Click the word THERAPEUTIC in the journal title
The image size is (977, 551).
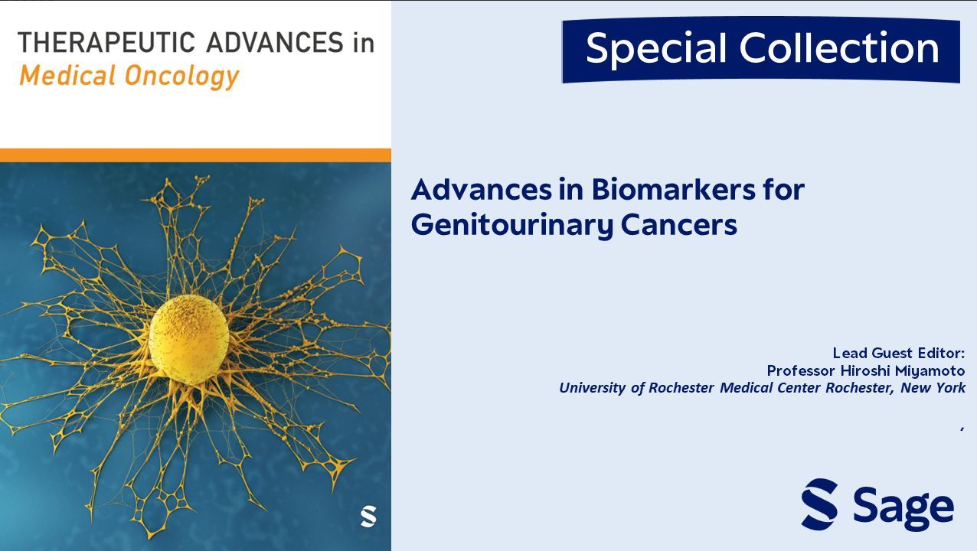click(106, 43)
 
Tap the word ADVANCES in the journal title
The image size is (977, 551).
click(275, 43)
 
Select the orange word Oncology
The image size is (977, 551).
click(182, 77)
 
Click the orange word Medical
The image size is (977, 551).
click(67, 75)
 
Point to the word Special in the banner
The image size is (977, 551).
click(656, 49)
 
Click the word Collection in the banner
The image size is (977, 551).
click(839, 47)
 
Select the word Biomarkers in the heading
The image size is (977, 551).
click(674, 190)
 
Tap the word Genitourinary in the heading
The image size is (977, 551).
click(512, 226)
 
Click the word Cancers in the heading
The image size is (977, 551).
click(678, 225)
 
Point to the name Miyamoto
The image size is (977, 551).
click(930, 370)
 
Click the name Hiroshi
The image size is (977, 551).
click(865, 370)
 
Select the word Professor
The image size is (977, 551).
click(801, 371)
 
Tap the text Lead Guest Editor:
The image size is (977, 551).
click(898, 353)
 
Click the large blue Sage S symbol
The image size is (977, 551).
click(819, 504)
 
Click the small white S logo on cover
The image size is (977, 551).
click(368, 516)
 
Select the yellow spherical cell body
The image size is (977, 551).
click(189, 339)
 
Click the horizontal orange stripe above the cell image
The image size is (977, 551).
click(195, 155)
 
